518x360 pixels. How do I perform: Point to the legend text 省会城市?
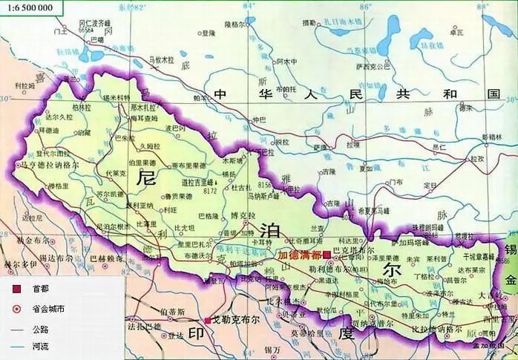click(48, 309)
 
